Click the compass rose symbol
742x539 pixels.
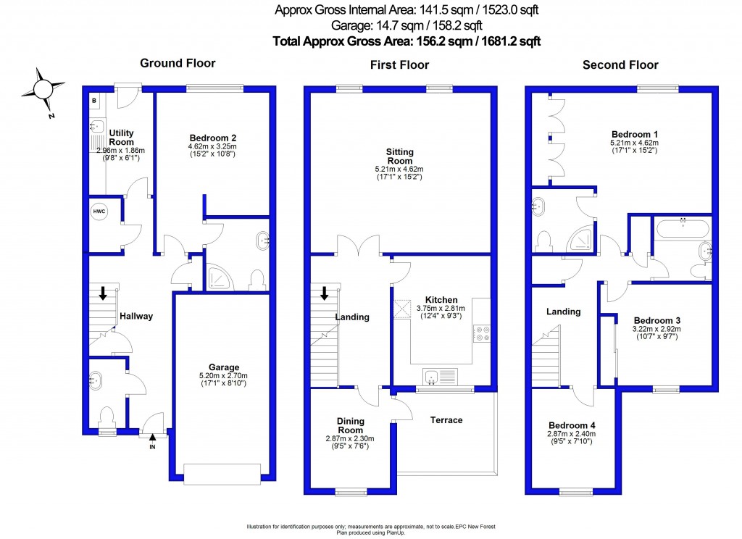click(42, 88)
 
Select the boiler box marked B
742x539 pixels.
click(95, 100)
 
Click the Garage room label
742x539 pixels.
click(223, 367)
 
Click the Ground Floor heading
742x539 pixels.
click(178, 63)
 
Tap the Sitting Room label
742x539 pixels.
click(399, 156)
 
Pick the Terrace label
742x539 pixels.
click(446, 420)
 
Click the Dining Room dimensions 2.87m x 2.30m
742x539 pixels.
click(350, 438)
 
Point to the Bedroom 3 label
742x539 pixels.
click(656, 320)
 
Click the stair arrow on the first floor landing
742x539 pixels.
click(325, 293)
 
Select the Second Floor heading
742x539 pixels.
click(620, 65)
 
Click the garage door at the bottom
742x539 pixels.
click(222, 473)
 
